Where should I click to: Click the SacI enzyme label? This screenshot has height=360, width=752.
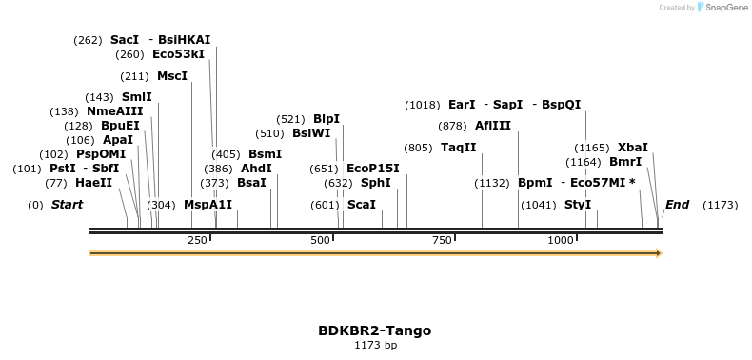point(125,40)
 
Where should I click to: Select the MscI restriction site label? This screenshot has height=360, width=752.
point(172,76)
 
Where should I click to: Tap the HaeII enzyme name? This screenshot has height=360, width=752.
point(93,183)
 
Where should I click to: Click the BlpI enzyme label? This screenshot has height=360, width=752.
point(327,119)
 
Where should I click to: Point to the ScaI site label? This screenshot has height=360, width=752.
point(361,205)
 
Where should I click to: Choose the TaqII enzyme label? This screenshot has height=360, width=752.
point(459,148)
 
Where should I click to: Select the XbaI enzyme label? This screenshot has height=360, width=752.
point(633,148)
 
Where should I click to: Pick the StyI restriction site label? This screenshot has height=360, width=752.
point(578,205)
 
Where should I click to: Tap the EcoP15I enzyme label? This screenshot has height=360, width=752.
point(373,169)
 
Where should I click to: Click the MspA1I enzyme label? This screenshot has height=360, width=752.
point(208,205)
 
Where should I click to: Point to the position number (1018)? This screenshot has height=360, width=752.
point(423,105)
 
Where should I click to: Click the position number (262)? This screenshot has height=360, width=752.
point(88,40)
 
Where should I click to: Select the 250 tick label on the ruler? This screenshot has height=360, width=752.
point(198,240)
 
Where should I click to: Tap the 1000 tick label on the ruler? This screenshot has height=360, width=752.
point(561,240)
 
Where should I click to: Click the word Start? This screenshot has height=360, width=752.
point(67,205)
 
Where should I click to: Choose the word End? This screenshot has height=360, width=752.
point(677,205)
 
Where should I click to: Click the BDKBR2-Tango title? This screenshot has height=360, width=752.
point(375,330)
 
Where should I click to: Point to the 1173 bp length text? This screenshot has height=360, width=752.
point(375,345)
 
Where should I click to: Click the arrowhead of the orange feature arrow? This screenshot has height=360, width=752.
point(657,253)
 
